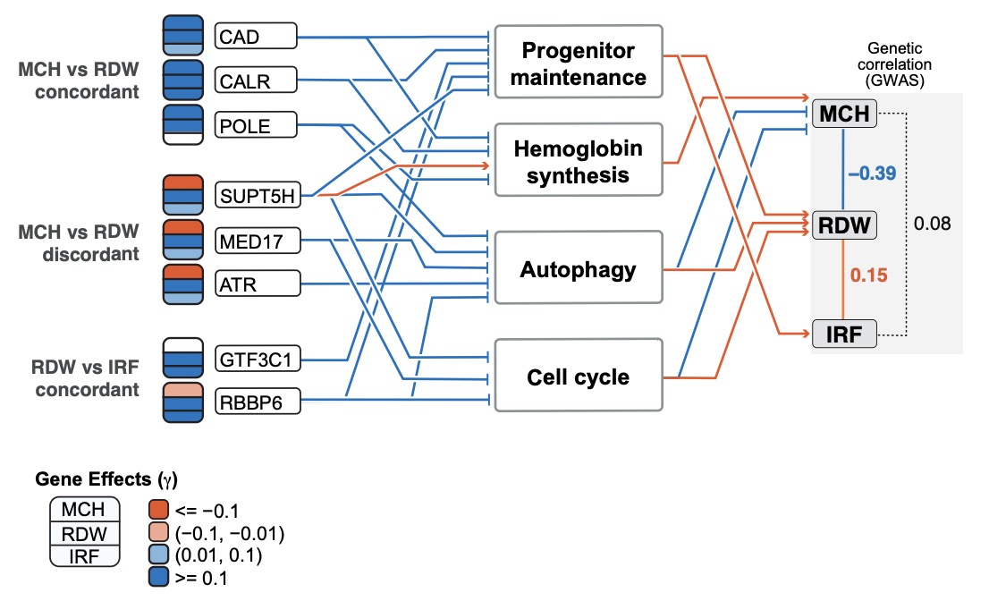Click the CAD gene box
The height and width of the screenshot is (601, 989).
point(256,37)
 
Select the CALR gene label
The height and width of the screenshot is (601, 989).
point(256,81)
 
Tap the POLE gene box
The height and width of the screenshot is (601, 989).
point(256,125)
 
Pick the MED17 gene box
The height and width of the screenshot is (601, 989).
point(256,240)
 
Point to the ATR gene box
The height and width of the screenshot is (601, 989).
point(256,284)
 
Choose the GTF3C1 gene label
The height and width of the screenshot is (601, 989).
point(258,360)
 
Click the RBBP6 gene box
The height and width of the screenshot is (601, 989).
point(257,403)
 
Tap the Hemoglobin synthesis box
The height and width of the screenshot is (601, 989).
point(579,159)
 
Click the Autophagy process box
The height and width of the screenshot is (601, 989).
point(579,268)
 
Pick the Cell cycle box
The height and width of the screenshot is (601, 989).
point(579,376)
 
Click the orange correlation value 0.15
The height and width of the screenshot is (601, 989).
point(869,276)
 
